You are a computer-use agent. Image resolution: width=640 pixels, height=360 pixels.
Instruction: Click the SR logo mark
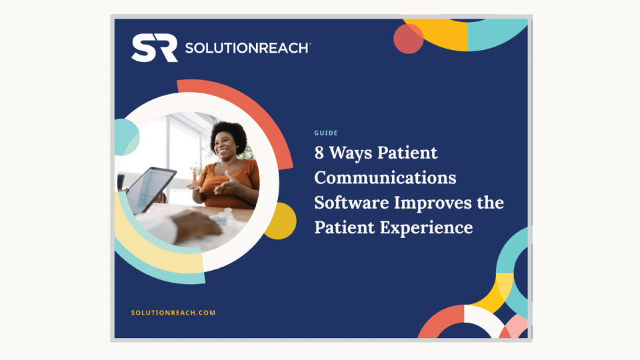pyautogui.click(x=155, y=48)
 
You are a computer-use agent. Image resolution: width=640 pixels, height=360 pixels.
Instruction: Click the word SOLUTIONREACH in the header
pyautogui.click(x=247, y=48)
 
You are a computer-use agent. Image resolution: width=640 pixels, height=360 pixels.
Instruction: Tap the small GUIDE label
pyautogui.click(x=326, y=133)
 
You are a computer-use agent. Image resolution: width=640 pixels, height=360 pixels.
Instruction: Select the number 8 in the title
pyautogui.click(x=321, y=153)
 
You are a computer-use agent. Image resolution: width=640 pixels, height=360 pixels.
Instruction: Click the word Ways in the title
pyautogui.click(x=351, y=153)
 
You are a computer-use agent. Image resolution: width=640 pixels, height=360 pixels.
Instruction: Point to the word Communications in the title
pyautogui.click(x=385, y=178)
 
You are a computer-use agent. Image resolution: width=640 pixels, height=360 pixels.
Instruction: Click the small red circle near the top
pyautogui.click(x=408, y=39)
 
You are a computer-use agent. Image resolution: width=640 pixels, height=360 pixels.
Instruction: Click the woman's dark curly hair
pyautogui.click(x=228, y=131)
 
